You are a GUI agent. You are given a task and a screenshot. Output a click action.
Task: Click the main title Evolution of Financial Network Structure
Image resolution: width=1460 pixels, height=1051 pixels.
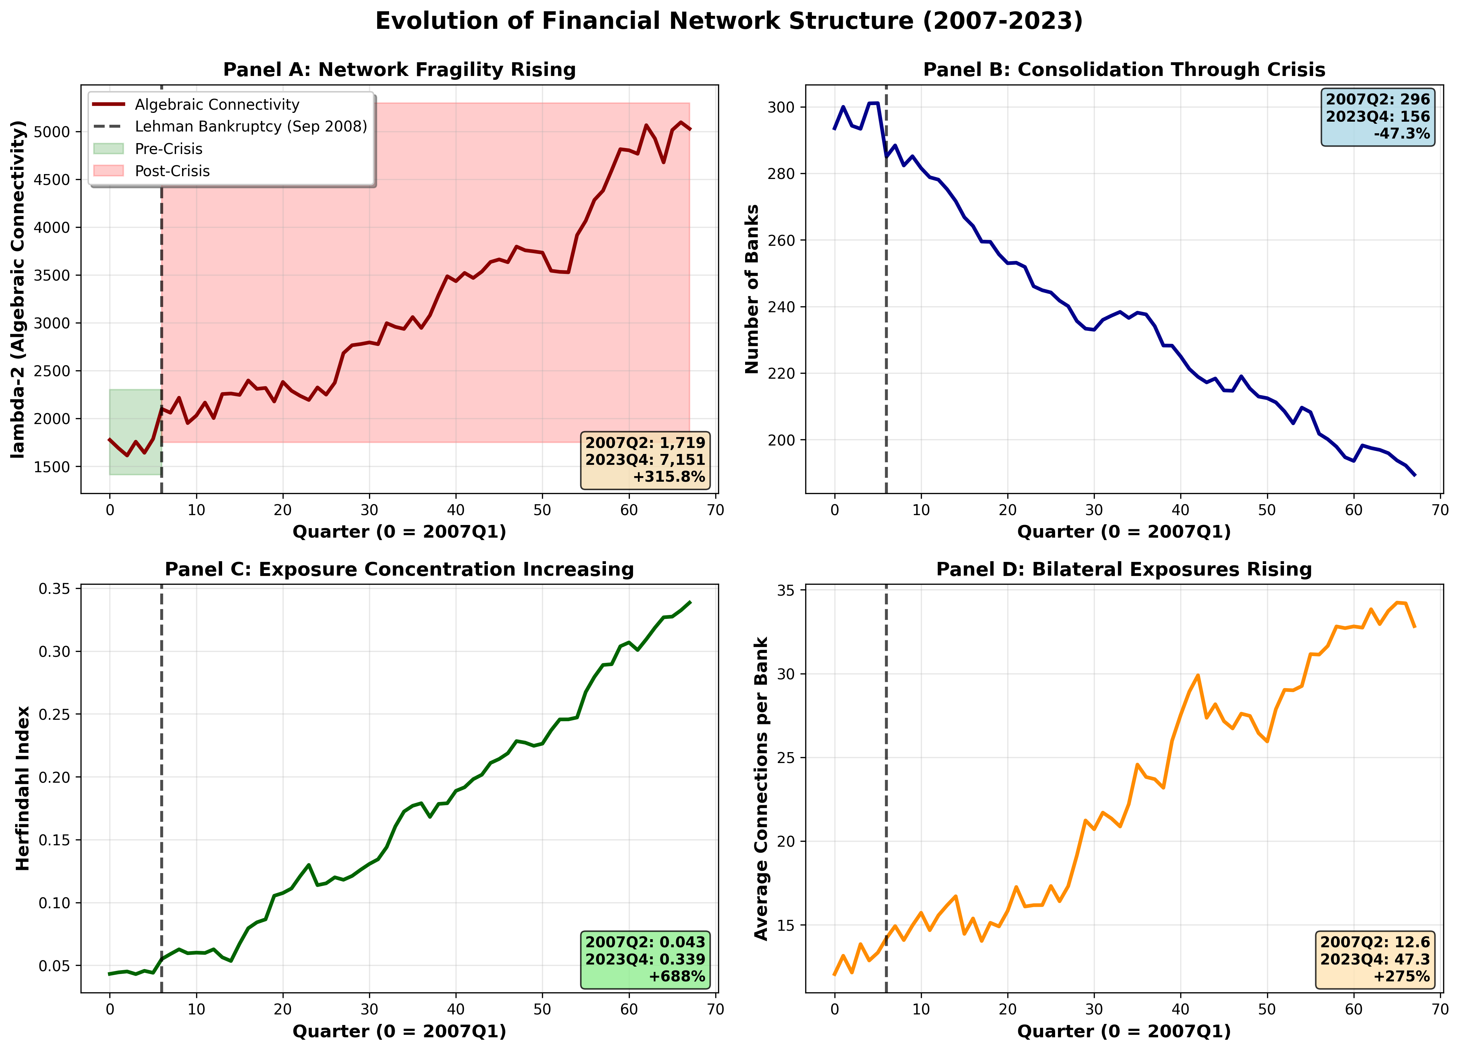point(729,21)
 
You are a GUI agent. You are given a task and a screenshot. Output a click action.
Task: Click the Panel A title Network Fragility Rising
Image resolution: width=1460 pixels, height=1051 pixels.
point(399,70)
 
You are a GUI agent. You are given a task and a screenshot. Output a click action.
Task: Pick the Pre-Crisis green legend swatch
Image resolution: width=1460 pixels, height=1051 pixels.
point(108,149)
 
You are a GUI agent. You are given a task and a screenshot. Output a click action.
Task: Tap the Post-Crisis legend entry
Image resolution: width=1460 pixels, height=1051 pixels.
point(172,171)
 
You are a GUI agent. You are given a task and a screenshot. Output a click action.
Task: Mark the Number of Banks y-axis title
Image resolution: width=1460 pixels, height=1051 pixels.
point(752,289)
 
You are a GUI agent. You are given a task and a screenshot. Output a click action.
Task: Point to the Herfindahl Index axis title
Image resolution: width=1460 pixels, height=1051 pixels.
point(23,788)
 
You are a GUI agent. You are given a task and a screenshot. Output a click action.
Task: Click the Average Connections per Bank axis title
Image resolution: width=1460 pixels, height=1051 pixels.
point(762,788)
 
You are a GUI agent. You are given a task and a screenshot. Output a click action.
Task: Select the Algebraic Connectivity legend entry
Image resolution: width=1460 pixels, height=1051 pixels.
point(217,104)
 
